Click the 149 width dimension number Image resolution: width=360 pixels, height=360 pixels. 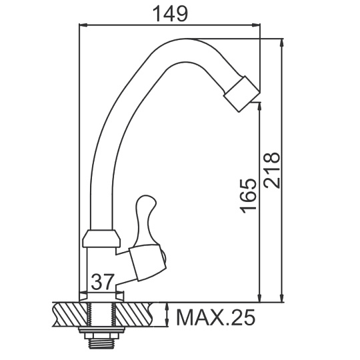(x=170, y=14)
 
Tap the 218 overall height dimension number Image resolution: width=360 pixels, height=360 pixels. (x=272, y=170)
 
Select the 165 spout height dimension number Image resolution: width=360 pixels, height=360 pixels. (x=247, y=195)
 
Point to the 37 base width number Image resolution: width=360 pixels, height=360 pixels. (x=103, y=281)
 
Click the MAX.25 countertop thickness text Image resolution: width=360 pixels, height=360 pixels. (x=215, y=317)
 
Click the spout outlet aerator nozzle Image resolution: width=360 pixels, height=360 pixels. (x=241, y=94)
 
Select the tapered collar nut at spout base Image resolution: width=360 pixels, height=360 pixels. (x=101, y=238)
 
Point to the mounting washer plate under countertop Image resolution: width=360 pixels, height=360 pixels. (x=102, y=330)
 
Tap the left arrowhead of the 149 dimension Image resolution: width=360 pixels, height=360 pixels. (x=83, y=25)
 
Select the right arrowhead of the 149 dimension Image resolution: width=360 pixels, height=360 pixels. (x=256, y=25)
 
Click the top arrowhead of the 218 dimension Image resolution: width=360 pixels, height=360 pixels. (x=282, y=43)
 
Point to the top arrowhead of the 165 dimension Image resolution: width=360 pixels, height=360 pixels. (x=260, y=107)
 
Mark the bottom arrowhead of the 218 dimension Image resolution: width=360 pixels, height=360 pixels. (x=282, y=298)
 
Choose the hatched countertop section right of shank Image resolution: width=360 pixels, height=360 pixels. (x=133, y=315)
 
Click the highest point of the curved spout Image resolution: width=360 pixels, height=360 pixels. (x=187, y=39)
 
